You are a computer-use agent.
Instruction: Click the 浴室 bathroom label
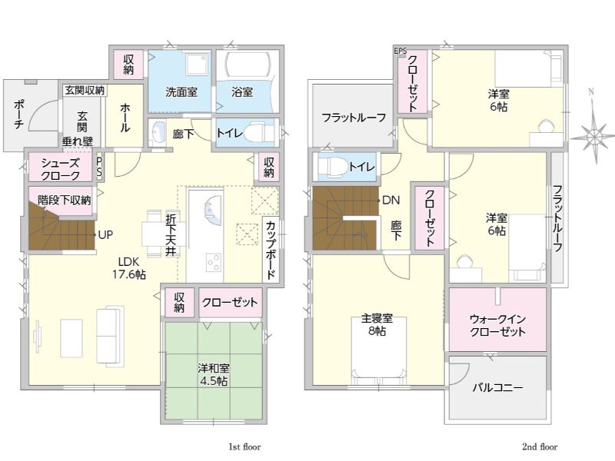pyautogui.click(x=241, y=92)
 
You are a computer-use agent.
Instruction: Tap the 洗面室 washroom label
pyautogui.click(x=181, y=92)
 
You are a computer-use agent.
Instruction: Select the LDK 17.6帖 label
pyautogui.click(x=129, y=267)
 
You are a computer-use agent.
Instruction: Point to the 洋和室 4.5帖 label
pyautogui.click(x=213, y=374)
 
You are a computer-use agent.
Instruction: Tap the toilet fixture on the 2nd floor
pyautogui.click(x=332, y=167)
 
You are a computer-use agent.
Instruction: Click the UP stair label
pyautogui.click(x=105, y=235)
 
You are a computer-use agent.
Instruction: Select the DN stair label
pyautogui.click(x=391, y=201)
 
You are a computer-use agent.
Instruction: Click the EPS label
pyautogui.click(x=400, y=51)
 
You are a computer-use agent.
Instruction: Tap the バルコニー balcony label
pyautogui.click(x=497, y=388)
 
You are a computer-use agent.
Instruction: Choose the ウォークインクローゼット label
pyautogui.click(x=497, y=325)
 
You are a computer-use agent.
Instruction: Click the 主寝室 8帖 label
pyautogui.click(x=377, y=324)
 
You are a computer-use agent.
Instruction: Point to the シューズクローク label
pyautogui.click(x=61, y=169)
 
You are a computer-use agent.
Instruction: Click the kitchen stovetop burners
pyautogui.click(x=214, y=261)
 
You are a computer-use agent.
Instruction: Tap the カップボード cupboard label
pyautogui.click(x=271, y=250)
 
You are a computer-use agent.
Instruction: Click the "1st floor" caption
pyautogui.click(x=244, y=447)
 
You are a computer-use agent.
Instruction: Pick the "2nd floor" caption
pyautogui.click(x=540, y=447)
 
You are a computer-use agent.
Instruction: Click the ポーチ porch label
pyautogui.click(x=18, y=114)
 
